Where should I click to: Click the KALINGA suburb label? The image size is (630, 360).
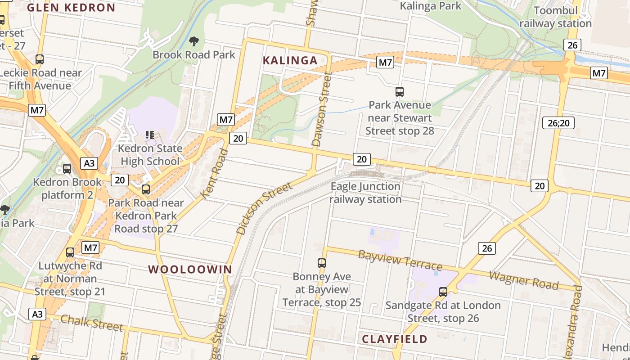click(x=290, y=60)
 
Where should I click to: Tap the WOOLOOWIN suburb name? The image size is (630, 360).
click(x=190, y=270)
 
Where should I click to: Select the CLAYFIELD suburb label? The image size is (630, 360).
click(x=395, y=339)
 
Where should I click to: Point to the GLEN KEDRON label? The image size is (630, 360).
click(x=71, y=8)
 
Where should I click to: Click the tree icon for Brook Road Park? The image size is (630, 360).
click(x=194, y=42)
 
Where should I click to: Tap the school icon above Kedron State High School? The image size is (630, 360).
click(x=150, y=135)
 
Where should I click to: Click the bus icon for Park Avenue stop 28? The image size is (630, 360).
click(x=400, y=92)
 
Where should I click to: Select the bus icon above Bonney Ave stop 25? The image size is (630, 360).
click(x=322, y=263)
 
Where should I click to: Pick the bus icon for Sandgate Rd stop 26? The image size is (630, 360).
click(x=443, y=292)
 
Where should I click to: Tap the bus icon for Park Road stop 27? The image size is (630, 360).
click(x=146, y=189)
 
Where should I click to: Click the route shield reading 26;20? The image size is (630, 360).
click(x=558, y=123)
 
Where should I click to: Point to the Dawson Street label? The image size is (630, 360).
click(x=323, y=110)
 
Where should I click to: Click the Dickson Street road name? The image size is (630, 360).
click(x=264, y=208)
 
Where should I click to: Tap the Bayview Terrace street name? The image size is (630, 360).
click(x=400, y=260)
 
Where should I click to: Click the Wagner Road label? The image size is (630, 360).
click(x=524, y=280)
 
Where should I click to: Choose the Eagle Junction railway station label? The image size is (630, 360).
click(x=365, y=193)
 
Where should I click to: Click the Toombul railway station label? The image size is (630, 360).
click(x=555, y=17)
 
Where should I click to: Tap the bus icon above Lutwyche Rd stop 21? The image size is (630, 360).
click(x=70, y=252)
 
